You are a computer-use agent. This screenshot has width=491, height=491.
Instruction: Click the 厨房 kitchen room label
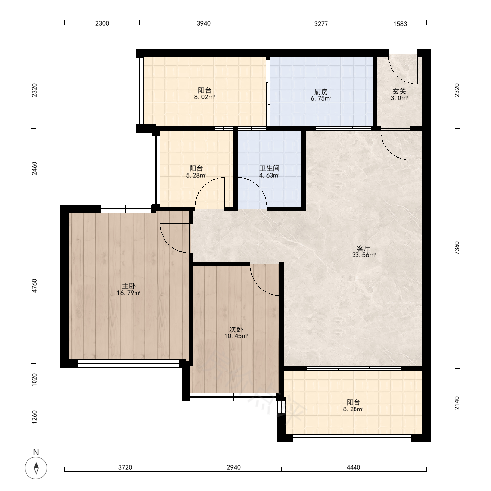point(321,92)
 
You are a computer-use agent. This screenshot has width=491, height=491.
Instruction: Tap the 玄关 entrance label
point(399,91)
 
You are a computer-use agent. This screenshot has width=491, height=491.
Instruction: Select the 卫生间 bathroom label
point(269,169)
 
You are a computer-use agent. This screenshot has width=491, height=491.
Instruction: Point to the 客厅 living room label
point(363,248)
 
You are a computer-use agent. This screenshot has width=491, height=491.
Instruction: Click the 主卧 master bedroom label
point(128,286)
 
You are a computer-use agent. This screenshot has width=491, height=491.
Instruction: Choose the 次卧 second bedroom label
point(236,329)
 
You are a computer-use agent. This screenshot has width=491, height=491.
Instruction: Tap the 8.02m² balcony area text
point(204,97)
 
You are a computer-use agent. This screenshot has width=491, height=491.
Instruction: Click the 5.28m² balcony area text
point(196,176)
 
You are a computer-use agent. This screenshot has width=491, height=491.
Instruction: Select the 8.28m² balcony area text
point(353,409)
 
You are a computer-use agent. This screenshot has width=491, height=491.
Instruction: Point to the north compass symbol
point(36,468)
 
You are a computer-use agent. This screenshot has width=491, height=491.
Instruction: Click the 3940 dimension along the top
point(204,24)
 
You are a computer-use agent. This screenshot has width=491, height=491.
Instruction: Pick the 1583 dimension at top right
point(400,24)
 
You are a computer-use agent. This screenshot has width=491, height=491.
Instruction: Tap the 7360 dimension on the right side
point(457,247)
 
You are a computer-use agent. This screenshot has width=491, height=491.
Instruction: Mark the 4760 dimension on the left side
point(34,286)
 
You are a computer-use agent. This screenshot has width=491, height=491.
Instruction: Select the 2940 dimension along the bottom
point(234,468)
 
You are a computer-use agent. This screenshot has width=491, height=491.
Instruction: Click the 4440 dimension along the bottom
point(353,468)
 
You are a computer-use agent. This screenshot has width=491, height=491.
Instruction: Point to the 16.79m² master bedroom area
point(128,293)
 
